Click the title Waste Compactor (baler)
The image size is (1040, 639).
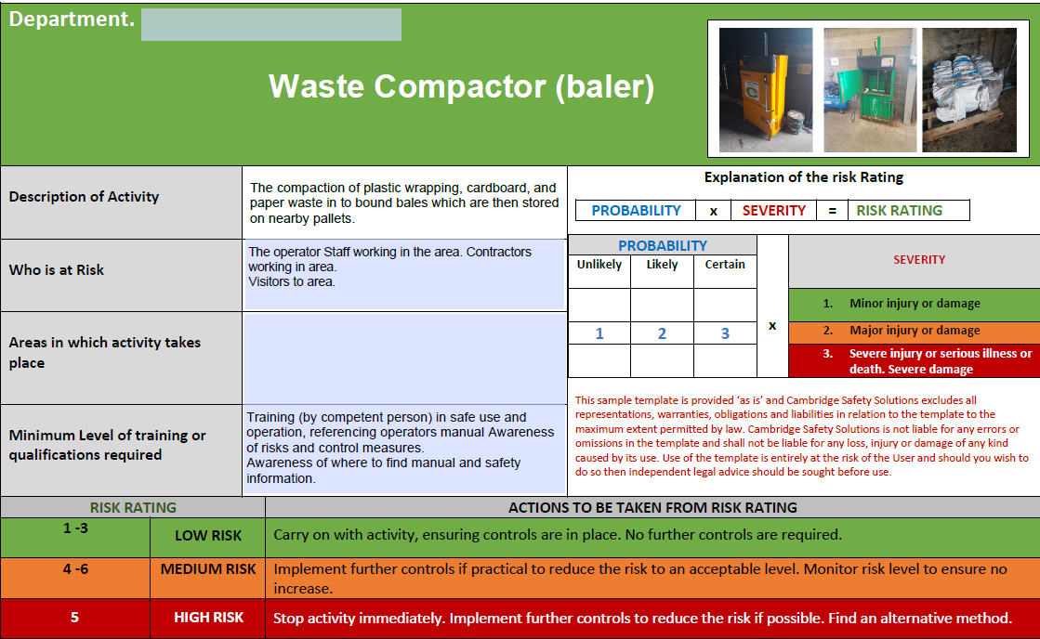tap(461, 86)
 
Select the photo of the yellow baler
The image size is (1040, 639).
tap(766, 90)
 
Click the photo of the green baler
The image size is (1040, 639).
tap(870, 90)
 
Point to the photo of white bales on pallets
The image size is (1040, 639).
tap(969, 90)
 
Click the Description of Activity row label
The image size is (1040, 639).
tap(85, 197)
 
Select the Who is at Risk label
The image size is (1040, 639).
tap(57, 269)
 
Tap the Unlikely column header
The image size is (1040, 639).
tap(599, 265)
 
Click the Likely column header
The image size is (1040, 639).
tap(662, 265)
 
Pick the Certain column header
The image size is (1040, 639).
tap(725, 265)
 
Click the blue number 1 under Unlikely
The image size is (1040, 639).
tap(599, 333)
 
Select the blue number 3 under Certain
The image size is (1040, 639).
tap(725, 333)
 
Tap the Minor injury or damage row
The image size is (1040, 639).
tap(915, 303)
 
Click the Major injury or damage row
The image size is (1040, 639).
tap(915, 330)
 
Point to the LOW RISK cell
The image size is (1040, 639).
tap(207, 536)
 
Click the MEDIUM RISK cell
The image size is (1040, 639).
tap(207, 569)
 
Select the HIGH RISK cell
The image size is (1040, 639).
tap(207, 618)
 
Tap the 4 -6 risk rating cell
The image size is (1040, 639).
tap(75, 569)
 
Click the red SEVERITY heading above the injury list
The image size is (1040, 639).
tap(919, 260)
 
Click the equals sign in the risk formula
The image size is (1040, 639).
tap(833, 211)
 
